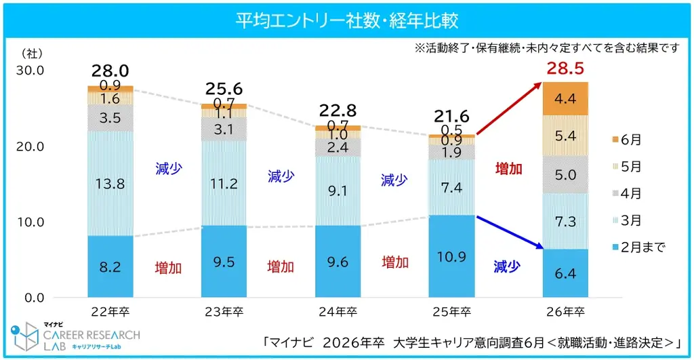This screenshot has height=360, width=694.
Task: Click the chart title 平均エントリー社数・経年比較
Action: [346, 20]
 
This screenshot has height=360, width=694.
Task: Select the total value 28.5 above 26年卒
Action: [565, 69]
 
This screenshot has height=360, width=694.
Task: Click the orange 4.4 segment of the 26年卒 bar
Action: [565, 99]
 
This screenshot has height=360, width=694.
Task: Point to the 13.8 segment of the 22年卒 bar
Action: [110, 183]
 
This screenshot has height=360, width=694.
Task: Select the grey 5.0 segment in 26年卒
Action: [565, 175]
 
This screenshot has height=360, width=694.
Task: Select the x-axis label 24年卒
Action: [338, 313]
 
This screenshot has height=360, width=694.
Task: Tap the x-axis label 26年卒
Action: [565, 313]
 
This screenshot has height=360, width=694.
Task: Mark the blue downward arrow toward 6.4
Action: [510, 233]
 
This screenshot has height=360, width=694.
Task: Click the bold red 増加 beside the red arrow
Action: [508, 169]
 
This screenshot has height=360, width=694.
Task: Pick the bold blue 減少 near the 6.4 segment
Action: [506, 266]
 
